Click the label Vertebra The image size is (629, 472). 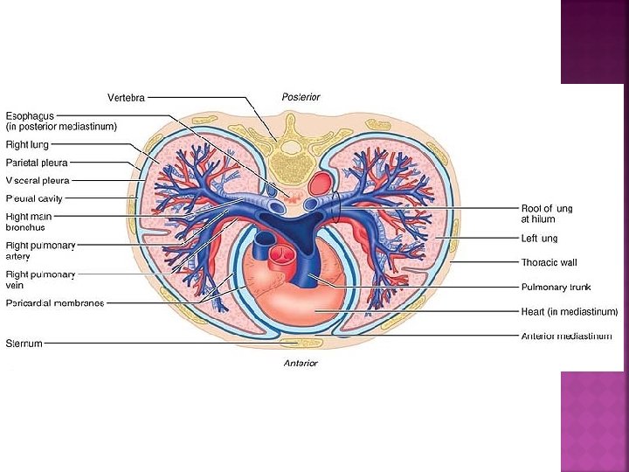tap(126, 96)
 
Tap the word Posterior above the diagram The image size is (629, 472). tap(301, 96)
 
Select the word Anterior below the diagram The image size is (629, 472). tap(300, 363)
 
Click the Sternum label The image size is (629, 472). tap(24, 344)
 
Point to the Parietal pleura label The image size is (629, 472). tap(37, 163)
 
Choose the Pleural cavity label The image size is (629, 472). tap(34, 198)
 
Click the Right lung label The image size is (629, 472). tap(27, 144)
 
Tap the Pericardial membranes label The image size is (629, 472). tap(55, 303)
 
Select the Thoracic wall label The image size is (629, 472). tap(549, 262)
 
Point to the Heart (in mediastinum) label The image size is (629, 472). tap(569, 311)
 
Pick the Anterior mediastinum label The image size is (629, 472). tap(566, 336)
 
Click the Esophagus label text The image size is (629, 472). tap(30, 115)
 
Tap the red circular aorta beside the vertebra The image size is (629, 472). tap(321, 183)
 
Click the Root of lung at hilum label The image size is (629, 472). tap(547, 214)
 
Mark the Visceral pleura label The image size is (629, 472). tap(38, 180)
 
